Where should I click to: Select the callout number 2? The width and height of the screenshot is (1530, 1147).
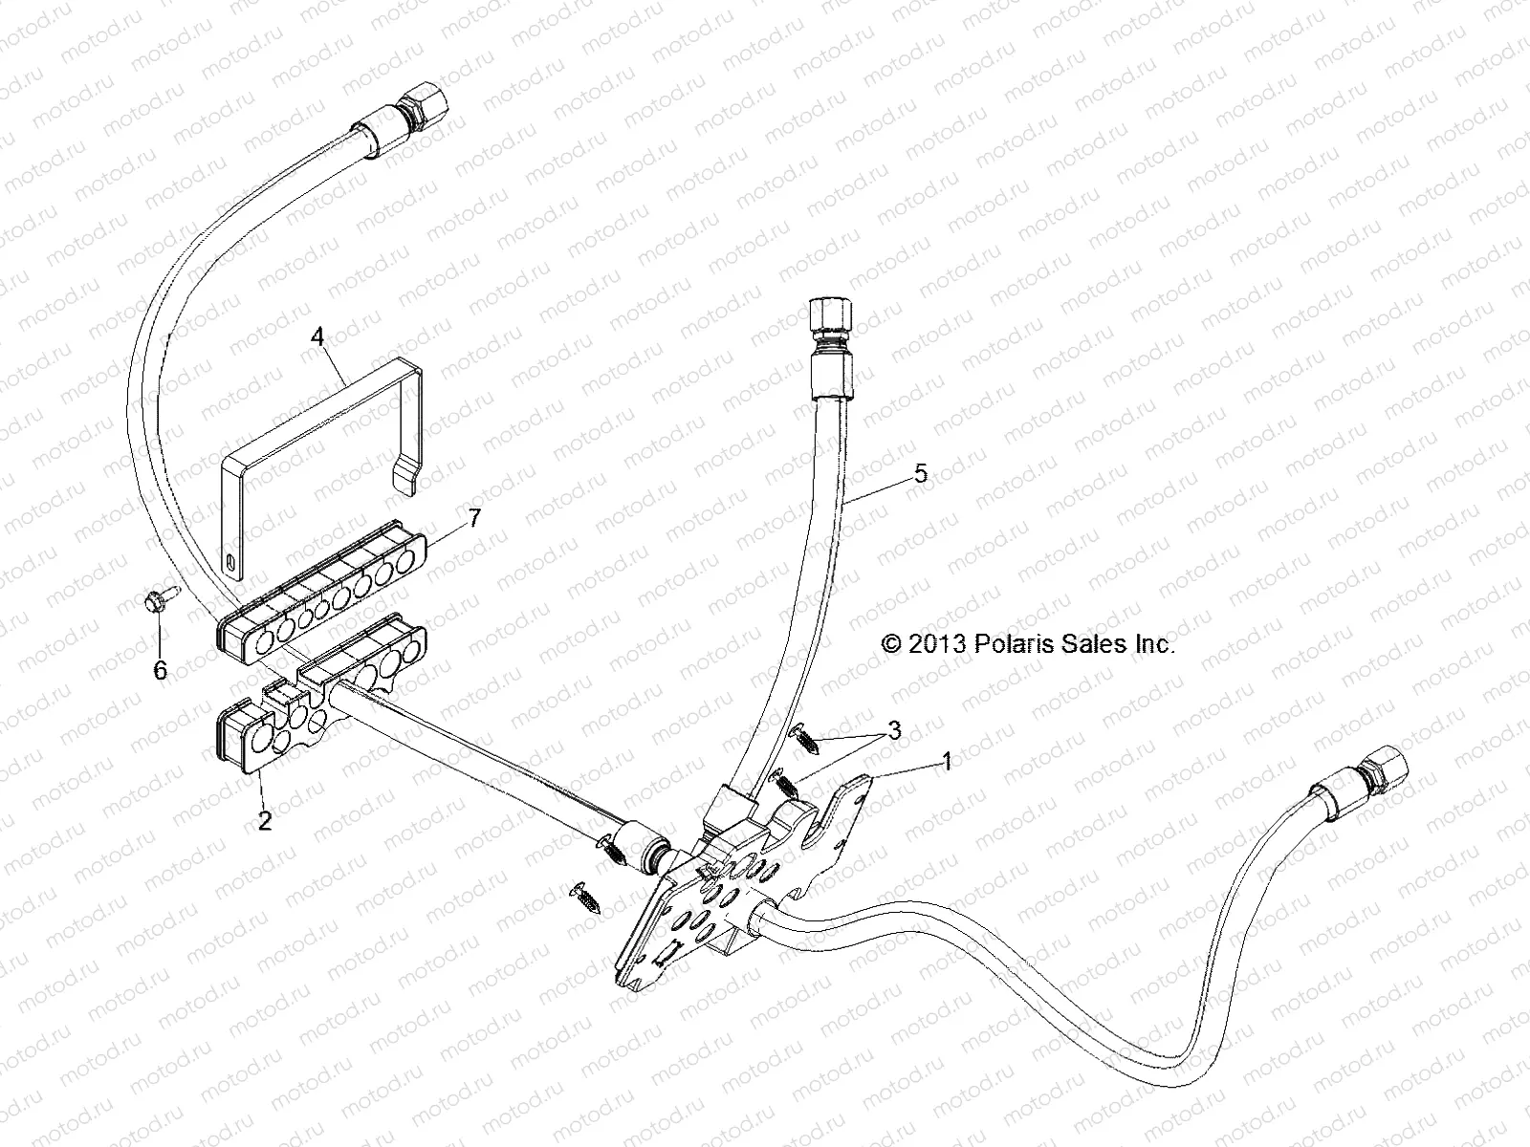265,821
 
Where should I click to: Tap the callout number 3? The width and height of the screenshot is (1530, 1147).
895,731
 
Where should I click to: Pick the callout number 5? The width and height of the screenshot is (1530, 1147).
920,473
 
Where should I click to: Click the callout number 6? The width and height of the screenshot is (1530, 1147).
160,670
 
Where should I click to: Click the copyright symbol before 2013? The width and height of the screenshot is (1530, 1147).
891,644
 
